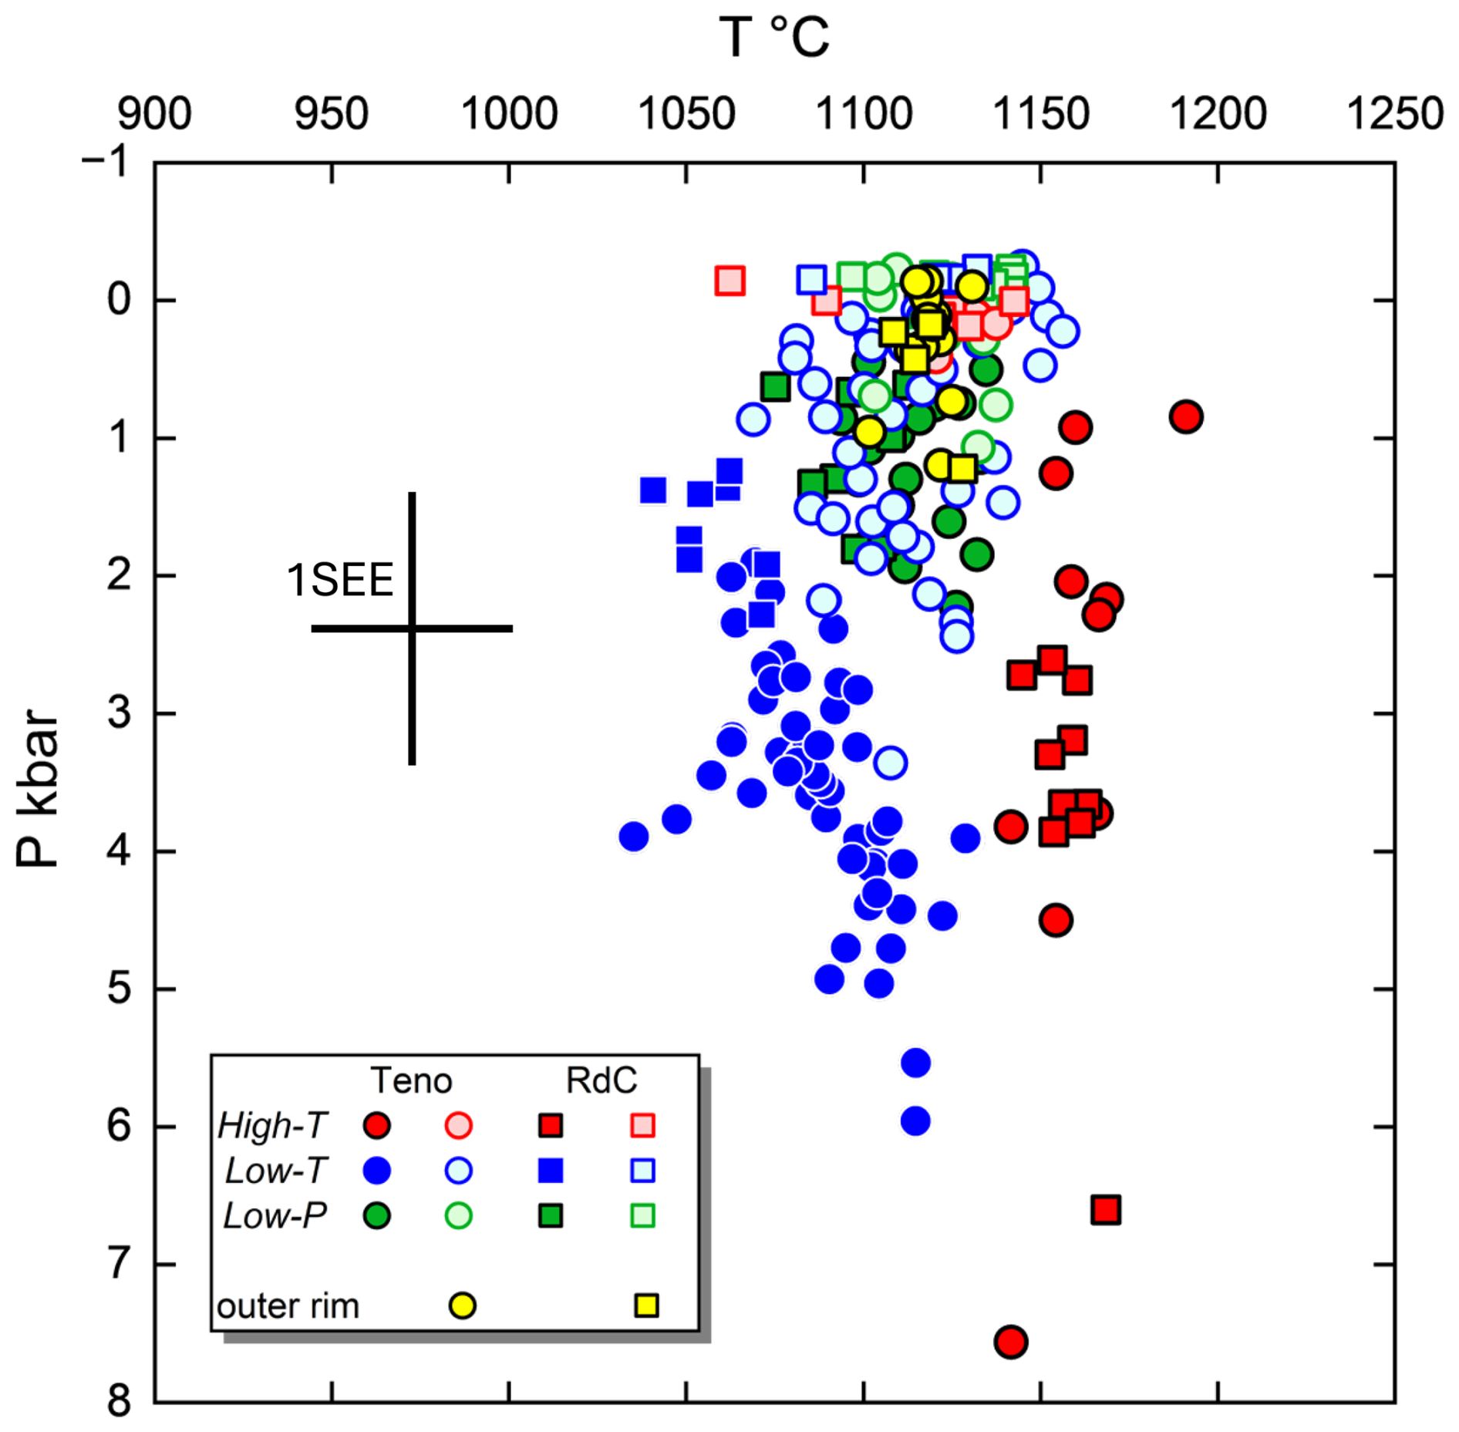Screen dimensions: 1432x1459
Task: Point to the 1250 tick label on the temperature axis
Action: click(1394, 114)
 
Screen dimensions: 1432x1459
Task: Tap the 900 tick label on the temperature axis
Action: click(154, 114)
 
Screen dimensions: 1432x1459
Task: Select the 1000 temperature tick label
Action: click(509, 114)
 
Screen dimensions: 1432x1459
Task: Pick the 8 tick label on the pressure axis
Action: click(119, 1401)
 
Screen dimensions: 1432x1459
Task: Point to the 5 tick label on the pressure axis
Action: click(119, 988)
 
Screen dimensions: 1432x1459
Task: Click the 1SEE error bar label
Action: click(339, 580)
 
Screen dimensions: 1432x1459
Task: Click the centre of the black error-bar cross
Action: click(412, 628)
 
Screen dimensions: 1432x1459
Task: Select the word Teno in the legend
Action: click(411, 1080)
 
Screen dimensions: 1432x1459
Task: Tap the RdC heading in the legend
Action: click(601, 1080)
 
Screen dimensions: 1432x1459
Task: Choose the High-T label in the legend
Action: click(273, 1126)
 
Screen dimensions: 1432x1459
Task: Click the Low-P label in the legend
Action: click(275, 1216)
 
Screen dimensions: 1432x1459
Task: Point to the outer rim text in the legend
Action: click(288, 1306)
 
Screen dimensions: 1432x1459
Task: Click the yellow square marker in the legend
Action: click(646, 1306)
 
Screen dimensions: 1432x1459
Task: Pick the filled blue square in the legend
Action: click(550, 1171)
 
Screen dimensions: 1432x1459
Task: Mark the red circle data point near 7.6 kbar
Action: click(1010, 1342)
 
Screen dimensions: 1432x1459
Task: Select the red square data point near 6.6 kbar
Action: click(1106, 1210)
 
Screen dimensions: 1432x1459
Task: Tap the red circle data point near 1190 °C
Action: click(1186, 417)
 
